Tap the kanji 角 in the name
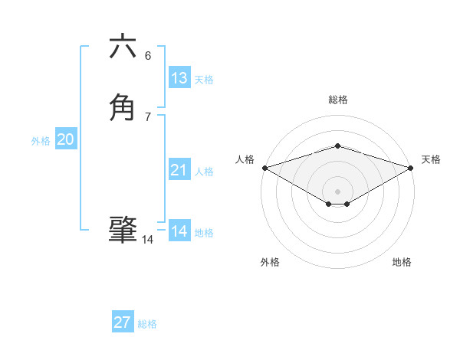pos(123,108)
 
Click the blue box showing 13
pos(179,78)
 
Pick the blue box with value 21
pos(179,170)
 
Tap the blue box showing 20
pos(66,139)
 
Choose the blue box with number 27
pos(123,322)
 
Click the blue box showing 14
pos(179,231)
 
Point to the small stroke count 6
pos(148,55)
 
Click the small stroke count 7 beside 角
pos(148,116)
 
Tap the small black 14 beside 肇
pos(148,240)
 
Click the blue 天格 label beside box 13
pos(204,80)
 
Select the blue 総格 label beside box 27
pos(147,324)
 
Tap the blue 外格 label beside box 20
pos(41,141)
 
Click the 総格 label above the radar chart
pos(337,100)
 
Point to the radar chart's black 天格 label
pos(431,159)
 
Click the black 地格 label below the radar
pos(402,262)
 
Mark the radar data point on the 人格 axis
pos(264,167)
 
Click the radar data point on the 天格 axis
pos(411,167)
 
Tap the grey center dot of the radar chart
pos(337,191)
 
